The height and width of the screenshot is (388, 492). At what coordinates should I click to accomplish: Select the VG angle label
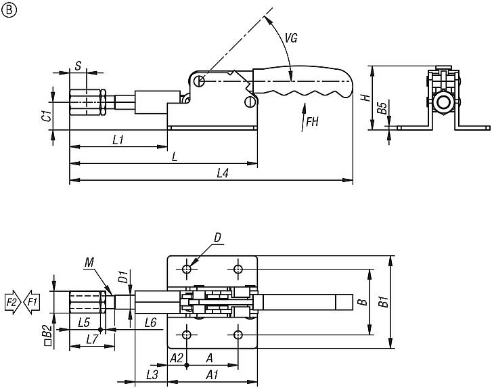[291, 39]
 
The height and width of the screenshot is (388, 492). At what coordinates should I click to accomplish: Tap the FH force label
[312, 123]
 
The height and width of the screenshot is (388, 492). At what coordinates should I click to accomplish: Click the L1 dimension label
[117, 139]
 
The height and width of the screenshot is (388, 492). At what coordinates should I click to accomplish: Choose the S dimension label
[79, 66]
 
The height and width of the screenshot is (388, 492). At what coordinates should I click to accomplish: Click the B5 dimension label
[381, 108]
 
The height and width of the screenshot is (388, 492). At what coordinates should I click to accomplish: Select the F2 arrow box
[12, 300]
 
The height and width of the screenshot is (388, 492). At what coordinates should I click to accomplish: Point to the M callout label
[91, 261]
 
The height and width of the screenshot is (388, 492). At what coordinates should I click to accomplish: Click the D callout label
[217, 237]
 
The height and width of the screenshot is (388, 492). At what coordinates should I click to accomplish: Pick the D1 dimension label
[123, 277]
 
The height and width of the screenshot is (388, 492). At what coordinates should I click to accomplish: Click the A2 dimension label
[177, 357]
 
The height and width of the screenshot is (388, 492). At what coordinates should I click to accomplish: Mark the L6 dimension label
[150, 323]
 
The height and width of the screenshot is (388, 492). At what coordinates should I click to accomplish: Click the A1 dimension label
[212, 374]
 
